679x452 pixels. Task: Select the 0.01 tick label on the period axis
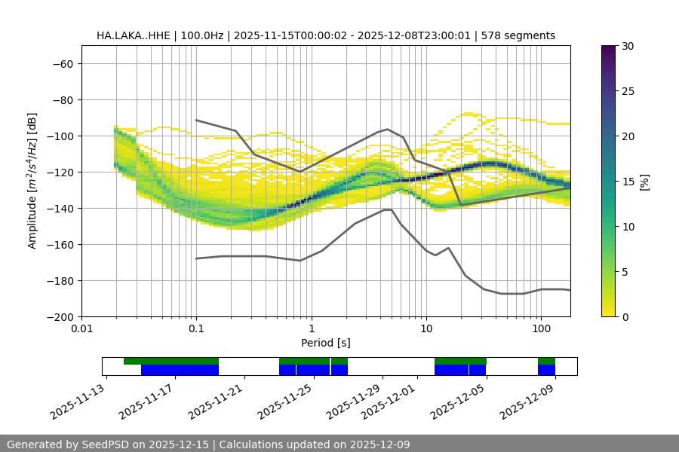tap(81, 329)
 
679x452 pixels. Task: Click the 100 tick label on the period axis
tap(540, 329)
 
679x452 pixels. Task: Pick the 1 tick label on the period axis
tap(312, 329)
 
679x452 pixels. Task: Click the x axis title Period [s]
tap(325, 343)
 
